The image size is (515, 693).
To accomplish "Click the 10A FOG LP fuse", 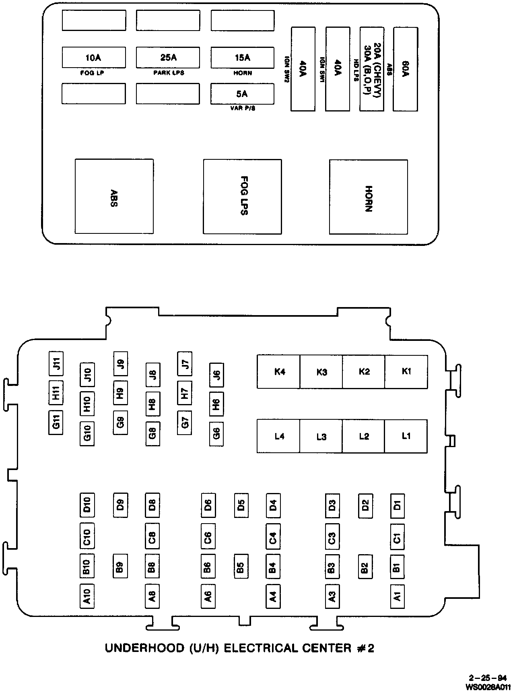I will (x=94, y=58).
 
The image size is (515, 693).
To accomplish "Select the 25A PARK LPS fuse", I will (x=168, y=58).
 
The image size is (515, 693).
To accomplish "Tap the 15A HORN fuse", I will (x=242, y=58).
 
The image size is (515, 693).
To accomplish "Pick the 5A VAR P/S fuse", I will (x=242, y=94).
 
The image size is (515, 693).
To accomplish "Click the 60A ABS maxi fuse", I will (x=405, y=69).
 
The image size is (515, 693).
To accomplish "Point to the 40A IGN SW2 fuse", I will (x=303, y=69).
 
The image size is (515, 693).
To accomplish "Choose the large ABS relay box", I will (x=114, y=196).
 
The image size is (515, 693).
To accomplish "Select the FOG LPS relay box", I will (x=242, y=196).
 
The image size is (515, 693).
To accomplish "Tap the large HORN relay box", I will (x=368, y=197).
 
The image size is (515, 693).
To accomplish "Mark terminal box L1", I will (x=406, y=436).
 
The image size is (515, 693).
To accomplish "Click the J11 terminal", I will (x=56, y=363).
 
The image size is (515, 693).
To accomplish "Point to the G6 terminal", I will (x=216, y=434).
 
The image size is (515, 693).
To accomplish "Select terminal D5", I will (x=241, y=505).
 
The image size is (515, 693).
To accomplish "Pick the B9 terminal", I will (x=120, y=567).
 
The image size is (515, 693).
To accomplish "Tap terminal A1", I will (x=397, y=596).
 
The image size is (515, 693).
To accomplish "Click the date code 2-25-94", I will (x=487, y=677).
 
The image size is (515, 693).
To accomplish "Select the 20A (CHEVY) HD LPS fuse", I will (x=371, y=69).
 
